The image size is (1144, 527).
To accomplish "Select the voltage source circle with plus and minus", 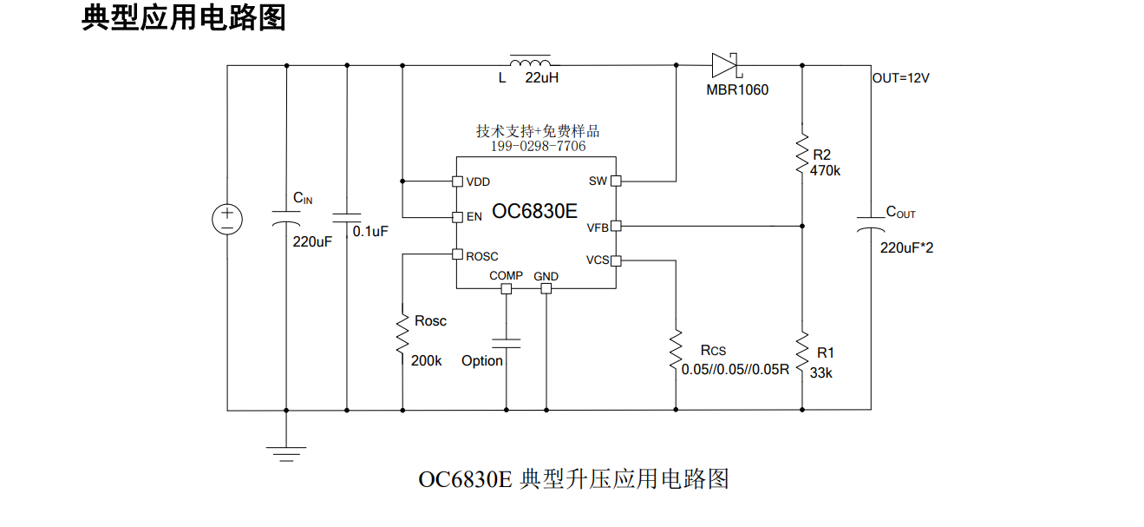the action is [x=227, y=220].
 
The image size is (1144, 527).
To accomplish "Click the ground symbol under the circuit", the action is [x=286, y=454].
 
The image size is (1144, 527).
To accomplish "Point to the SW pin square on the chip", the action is [x=617, y=181].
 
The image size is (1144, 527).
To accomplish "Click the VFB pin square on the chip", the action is [x=617, y=226].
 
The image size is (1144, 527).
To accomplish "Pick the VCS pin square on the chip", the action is [x=617, y=260].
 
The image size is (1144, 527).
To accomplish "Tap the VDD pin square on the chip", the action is [x=458, y=181].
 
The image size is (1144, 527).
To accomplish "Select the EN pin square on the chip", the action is [x=458, y=217].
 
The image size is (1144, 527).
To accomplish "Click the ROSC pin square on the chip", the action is [x=458, y=254].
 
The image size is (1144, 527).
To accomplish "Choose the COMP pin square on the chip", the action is [x=507, y=289].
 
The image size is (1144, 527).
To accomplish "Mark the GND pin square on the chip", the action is [x=546, y=289].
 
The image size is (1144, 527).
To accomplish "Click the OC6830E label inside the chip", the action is [x=534, y=211].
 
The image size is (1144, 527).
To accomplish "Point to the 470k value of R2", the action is [x=825, y=171].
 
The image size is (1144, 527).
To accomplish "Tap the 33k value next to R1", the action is [x=820, y=373].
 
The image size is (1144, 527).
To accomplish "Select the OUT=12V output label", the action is [x=900, y=78].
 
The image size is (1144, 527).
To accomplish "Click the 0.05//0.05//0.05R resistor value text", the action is [x=735, y=369].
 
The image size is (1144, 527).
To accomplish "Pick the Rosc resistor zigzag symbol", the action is [x=402, y=333].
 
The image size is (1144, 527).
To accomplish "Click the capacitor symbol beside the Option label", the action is [x=507, y=343].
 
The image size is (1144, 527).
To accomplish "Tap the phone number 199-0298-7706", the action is [x=538, y=146].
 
